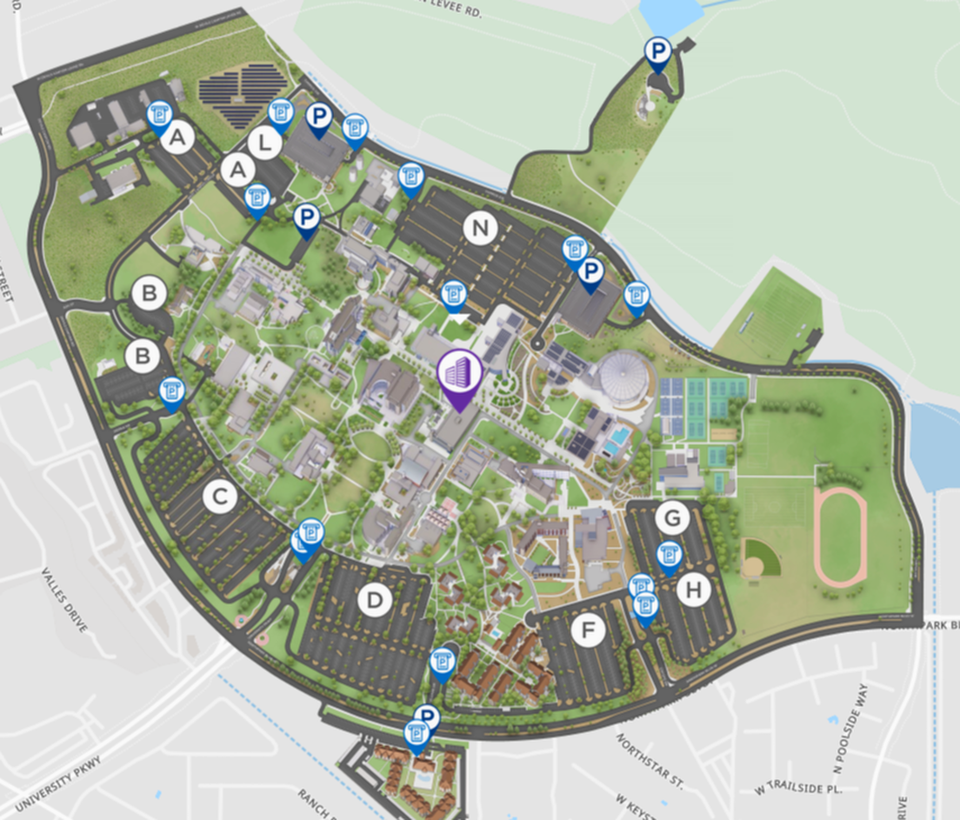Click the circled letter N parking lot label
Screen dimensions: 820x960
pyautogui.click(x=479, y=230)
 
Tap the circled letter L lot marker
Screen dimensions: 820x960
pyautogui.click(x=264, y=143)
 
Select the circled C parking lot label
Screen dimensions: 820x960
pyautogui.click(x=220, y=497)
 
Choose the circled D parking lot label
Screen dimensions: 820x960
pyautogui.click(x=375, y=600)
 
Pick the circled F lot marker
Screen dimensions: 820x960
pyautogui.click(x=589, y=630)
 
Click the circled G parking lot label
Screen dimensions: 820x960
pyautogui.click(x=672, y=518)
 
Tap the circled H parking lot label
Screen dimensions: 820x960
pyautogui.click(x=693, y=591)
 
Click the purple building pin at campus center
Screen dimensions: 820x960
pyautogui.click(x=459, y=377)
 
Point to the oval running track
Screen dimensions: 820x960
pyautogui.click(x=840, y=536)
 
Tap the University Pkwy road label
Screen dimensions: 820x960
pyautogui.click(x=58, y=783)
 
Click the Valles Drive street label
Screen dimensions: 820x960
pyautogui.click(x=65, y=599)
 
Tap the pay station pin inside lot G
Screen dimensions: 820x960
pyautogui.click(x=668, y=556)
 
